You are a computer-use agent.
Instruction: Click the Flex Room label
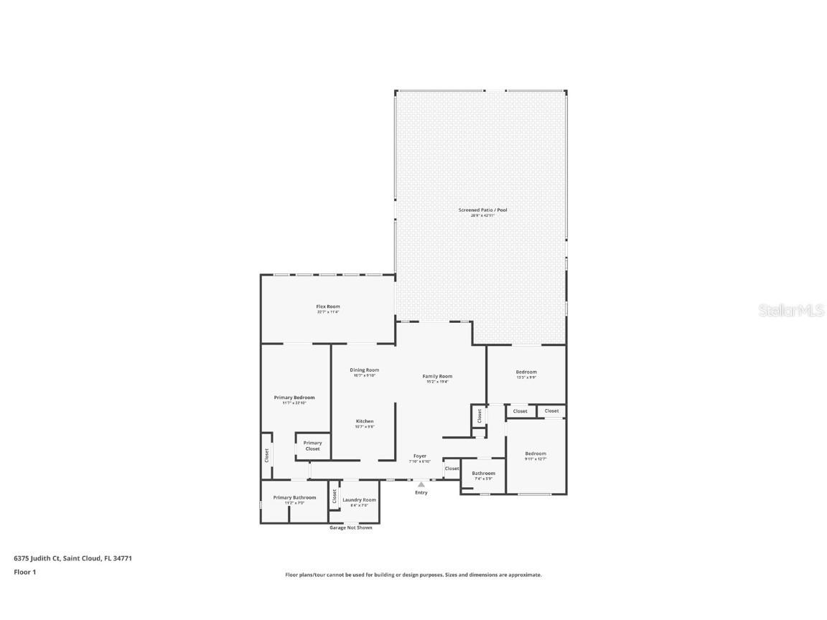(x=328, y=306)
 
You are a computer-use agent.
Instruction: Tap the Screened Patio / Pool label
(x=482, y=210)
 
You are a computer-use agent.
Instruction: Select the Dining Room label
(x=365, y=370)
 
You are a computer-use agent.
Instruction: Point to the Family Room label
(x=437, y=376)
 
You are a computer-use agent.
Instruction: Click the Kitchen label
(x=365, y=421)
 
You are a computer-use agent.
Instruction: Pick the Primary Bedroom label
(x=294, y=397)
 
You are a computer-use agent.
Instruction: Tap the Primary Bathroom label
(x=294, y=497)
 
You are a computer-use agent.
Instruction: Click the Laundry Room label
(x=359, y=499)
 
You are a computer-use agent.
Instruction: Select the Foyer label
(x=420, y=456)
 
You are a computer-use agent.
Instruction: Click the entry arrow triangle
(x=421, y=484)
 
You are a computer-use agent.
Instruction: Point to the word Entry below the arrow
(x=421, y=492)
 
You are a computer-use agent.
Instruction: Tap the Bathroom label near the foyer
(x=483, y=473)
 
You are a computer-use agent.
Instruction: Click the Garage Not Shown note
(x=350, y=527)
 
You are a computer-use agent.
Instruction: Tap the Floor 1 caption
(x=24, y=572)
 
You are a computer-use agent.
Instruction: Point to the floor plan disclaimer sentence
(x=413, y=575)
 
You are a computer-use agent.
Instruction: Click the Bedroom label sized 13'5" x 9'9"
(x=526, y=372)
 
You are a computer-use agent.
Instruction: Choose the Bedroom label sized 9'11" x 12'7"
(x=536, y=454)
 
